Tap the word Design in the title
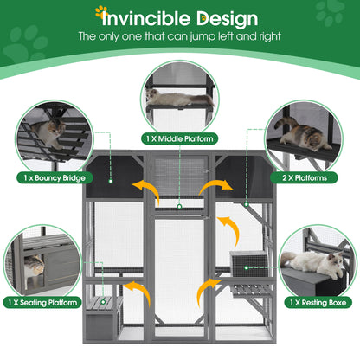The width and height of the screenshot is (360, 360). [x=227, y=17]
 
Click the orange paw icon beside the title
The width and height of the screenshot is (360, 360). [x=102, y=12]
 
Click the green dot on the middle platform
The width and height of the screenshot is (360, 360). [x=178, y=206]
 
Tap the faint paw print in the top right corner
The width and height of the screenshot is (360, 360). [x=330, y=13]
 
